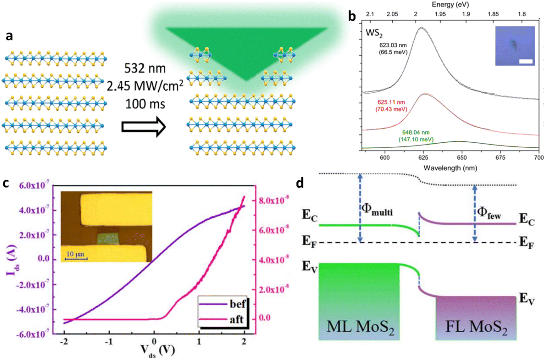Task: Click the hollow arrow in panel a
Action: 144,127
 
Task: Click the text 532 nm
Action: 145,68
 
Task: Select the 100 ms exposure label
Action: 145,104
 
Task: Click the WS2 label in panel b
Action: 374,33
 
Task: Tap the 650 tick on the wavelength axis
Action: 462,158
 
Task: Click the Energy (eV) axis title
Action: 450,4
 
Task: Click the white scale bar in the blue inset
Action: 526,61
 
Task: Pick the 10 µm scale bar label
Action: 75,254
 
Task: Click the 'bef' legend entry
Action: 237,304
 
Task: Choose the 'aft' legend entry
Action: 237,319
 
